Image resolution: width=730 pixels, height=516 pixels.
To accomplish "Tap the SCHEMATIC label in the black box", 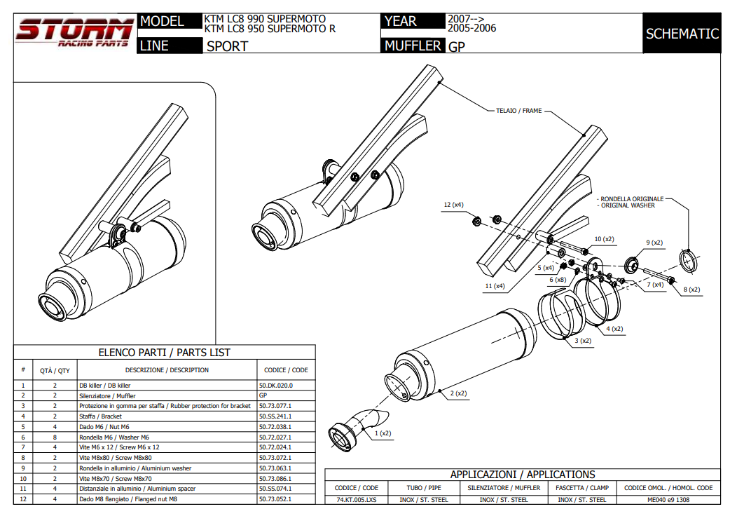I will [x=682, y=34].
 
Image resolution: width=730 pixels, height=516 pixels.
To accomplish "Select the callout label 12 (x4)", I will [x=453, y=205].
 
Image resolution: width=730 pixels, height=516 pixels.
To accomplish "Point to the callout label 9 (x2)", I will [x=654, y=243].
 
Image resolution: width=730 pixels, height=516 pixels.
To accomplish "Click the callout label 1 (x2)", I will [x=383, y=433].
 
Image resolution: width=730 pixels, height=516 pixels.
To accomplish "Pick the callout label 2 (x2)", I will [x=458, y=393].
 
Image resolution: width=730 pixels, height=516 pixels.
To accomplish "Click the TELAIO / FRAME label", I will [x=518, y=111].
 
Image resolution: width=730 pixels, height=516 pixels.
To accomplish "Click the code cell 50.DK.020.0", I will [x=276, y=385].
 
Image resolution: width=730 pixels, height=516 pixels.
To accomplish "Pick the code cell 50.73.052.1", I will [x=275, y=498].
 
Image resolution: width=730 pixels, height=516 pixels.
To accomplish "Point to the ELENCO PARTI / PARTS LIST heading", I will [x=164, y=353].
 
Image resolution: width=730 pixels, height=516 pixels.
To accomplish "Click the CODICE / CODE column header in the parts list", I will [x=286, y=369].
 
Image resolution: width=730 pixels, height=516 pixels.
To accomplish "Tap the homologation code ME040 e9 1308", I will [x=668, y=499].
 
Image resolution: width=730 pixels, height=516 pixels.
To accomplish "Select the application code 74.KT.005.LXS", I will [x=356, y=499].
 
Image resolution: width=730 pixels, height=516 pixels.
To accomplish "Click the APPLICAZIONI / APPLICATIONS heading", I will [x=523, y=475].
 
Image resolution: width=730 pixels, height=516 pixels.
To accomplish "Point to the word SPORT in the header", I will [x=227, y=46].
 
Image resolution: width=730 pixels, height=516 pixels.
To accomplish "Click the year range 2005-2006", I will [x=471, y=29].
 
